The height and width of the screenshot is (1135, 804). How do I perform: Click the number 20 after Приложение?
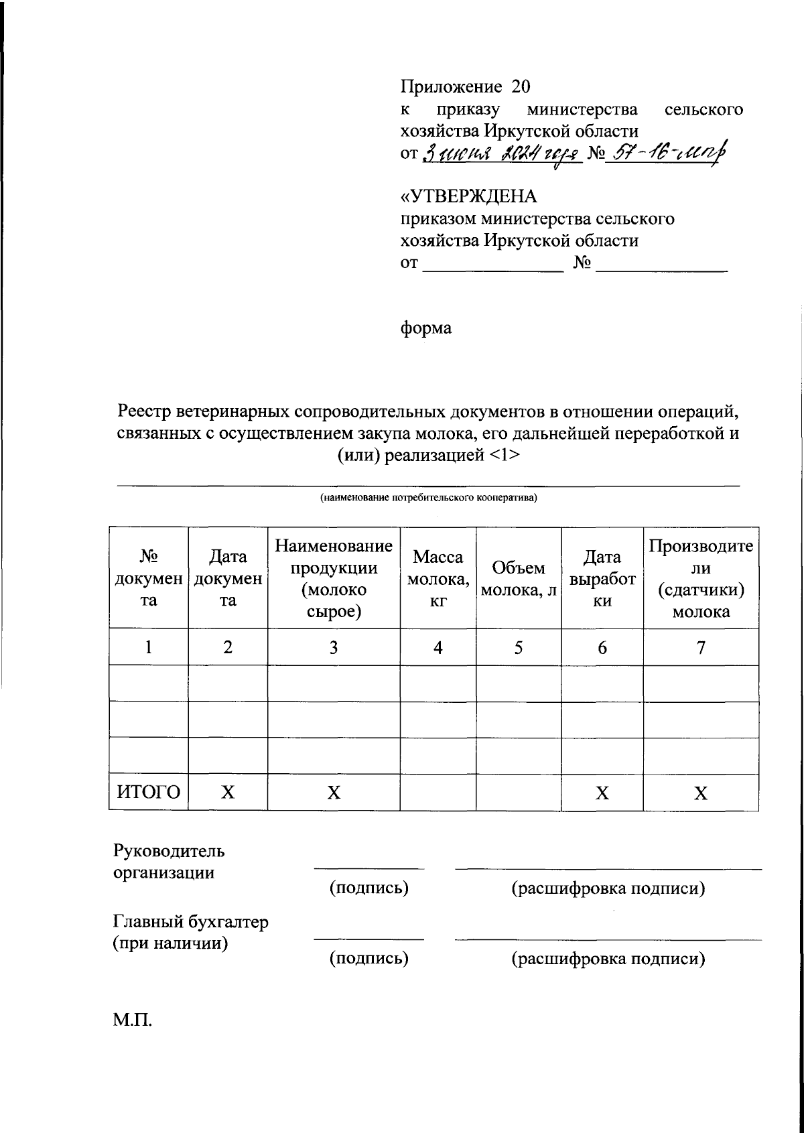tap(521, 86)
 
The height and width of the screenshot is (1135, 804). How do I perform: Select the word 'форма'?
tap(426, 328)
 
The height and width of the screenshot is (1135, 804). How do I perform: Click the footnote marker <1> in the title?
tap(505, 456)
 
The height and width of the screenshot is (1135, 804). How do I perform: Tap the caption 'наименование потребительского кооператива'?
tap(428, 498)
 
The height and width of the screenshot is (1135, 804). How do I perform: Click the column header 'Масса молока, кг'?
tap(438, 578)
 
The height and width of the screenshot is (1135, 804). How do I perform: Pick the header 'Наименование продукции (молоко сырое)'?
tap(334, 578)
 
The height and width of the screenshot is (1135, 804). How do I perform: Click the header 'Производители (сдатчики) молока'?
tap(701, 578)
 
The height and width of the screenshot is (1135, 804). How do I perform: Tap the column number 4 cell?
tap(438, 648)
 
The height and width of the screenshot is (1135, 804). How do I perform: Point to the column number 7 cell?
tap(701, 648)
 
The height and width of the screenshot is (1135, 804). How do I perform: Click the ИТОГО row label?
tap(149, 793)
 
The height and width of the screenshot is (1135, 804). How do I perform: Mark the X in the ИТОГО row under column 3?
tap(334, 793)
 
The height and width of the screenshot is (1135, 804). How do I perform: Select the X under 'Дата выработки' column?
tap(602, 793)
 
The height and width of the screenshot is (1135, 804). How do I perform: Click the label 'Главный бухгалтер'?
tap(191, 922)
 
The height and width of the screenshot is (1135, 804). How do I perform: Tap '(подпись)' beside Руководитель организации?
tap(368, 888)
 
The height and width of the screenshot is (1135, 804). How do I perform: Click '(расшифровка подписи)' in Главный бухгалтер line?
tap(608, 959)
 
